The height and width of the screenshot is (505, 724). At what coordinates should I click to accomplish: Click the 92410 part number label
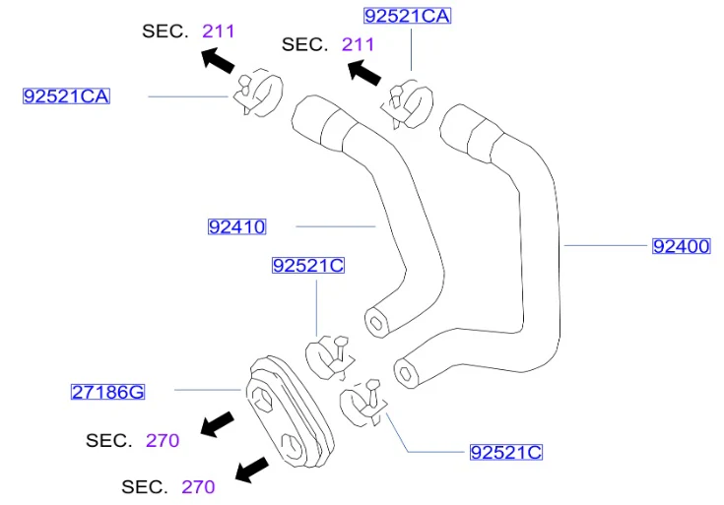236,226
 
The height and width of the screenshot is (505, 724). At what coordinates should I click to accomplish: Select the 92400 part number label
681,246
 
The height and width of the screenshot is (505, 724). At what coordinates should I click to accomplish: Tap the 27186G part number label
107,392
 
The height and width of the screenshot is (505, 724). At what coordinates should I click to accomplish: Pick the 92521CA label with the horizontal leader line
67,96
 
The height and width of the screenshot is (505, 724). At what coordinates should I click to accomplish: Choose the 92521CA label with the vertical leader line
407,16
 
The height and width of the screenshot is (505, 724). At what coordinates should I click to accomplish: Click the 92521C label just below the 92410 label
308,266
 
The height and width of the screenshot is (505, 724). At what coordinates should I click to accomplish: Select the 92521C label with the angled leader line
506,452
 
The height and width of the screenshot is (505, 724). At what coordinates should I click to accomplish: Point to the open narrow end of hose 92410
376,322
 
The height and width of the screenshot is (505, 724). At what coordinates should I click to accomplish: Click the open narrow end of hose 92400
406,373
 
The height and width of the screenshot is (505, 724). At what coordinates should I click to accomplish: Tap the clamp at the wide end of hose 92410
258,93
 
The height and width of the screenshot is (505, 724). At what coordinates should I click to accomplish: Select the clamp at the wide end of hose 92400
408,104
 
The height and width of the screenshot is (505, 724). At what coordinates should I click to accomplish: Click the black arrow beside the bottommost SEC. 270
251,470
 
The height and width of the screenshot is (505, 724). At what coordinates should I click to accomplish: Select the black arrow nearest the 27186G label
217,424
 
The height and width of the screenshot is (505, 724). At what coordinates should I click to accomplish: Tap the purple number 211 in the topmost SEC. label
219,32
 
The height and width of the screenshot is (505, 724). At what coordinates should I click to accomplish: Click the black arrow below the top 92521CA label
364,73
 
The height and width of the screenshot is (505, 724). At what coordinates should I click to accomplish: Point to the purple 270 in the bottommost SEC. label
198,486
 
